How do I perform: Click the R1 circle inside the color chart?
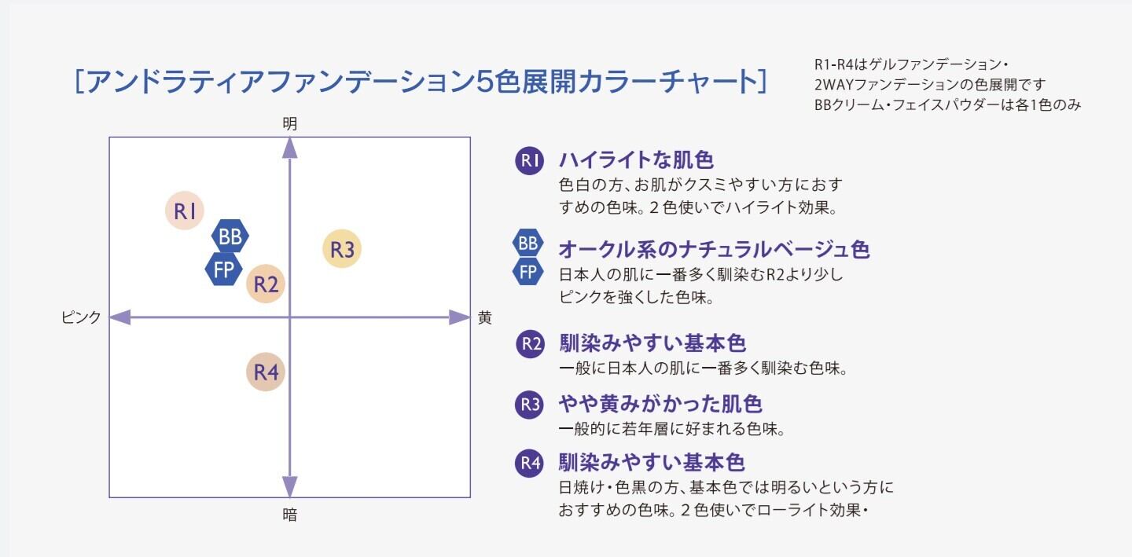(x=185, y=211)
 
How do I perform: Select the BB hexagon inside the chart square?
(x=230, y=235)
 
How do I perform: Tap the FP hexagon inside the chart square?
(x=224, y=269)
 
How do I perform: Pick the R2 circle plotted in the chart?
(x=266, y=284)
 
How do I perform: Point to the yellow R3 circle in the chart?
(x=342, y=250)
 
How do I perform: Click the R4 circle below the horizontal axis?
(x=266, y=372)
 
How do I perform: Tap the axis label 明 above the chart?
(x=290, y=123)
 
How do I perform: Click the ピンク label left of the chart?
(x=81, y=317)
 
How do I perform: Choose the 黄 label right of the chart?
(x=485, y=317)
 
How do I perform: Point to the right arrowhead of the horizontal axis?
(x=459, y=317)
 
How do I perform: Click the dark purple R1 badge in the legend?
(x=529, y=161)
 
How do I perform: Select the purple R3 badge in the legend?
(x=529, y=405)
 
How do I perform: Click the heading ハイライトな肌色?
(x=636, y=160)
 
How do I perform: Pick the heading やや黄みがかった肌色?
(x=660, y=404)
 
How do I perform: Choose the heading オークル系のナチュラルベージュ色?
(x=714, y=250)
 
